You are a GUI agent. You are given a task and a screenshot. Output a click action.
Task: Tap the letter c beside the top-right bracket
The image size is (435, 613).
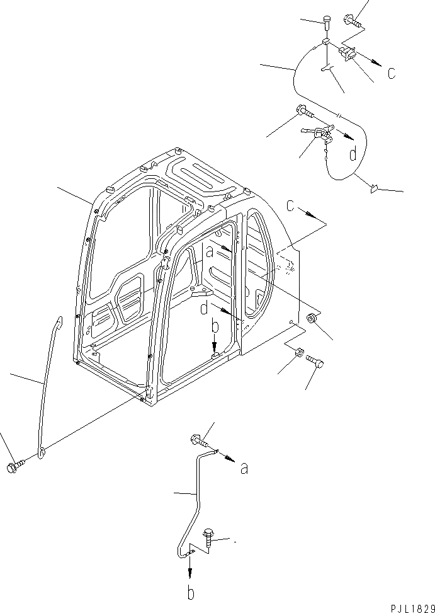pos(392,72)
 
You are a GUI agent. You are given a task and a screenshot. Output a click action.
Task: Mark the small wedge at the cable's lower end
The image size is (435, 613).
pos(374,186)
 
